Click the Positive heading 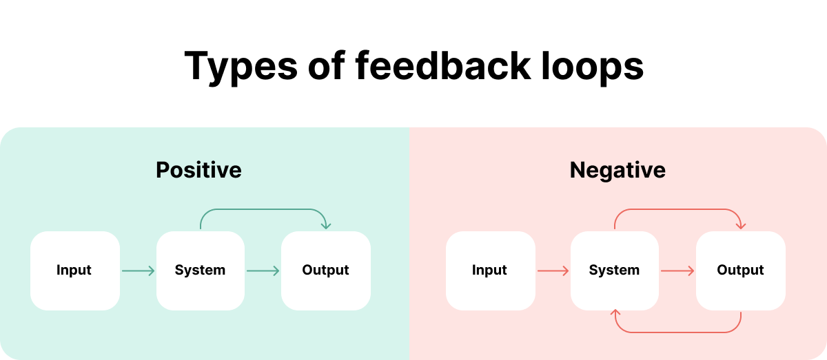click(x=198, y=170)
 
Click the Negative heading click(x=617, y=170)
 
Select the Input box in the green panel click(x=74, y=271)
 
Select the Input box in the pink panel click(x=490, y=271)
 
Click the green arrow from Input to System click(x=138, y=271)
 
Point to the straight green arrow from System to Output click(x=263, y=271)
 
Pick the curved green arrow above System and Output click(x=263, y=209)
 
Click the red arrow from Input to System click(x=553, y=271)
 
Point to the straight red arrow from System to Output click(x=677, y=271)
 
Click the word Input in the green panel click(x=74, y=271)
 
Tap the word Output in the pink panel click(x=741, y=271)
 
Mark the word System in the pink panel click(x=615, y=271)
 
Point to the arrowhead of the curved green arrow click(x=326, y=226)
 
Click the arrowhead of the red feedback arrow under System click(x=615, y=315)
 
